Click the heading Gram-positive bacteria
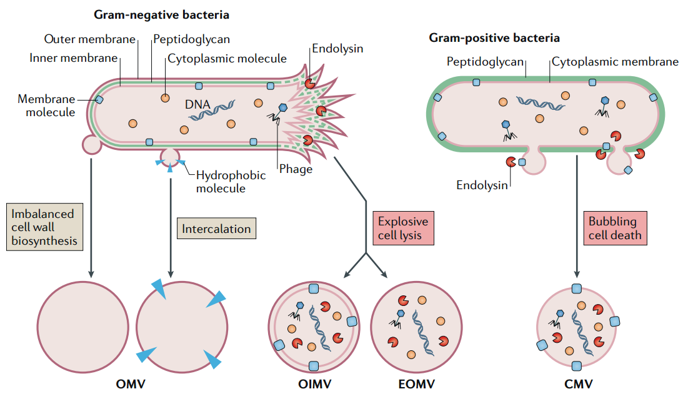coord(494,38)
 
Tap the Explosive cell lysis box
coord(402,229)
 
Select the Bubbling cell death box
coord(612,229)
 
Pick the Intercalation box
coord(216,229)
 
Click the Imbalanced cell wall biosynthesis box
coord(45,227)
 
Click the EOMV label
coord(414,383)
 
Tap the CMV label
coord(576,383)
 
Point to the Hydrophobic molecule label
coord(231,182)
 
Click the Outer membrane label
coord(90,39)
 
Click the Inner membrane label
coord(74,58)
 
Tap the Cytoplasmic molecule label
coord(227,59)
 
